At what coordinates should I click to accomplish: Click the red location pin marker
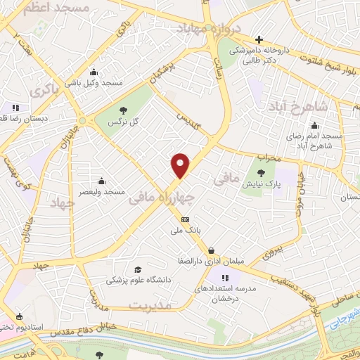pyautogui.click(x=181, y=165)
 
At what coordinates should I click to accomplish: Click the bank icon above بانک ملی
pyautogui.click(x=185, y=219)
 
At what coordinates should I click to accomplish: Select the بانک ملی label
pyautogui.click(x=185, y=230)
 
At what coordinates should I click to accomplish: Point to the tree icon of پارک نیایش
pyautogui.click(x=262, y=173)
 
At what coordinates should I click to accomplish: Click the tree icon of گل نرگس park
pyautogui.click(x=124, y=110)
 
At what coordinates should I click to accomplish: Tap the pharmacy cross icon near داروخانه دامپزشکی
pyautogui.click(x=259, y=39)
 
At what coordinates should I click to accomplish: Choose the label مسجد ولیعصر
pyautogui.click(x=103, y=192)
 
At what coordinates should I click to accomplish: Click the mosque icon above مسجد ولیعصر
pyautogui.click(x=103, y=181)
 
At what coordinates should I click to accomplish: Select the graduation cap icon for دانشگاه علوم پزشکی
pyautogui.click(x=138, y=269)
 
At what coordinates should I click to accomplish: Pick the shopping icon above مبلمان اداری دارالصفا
pyautogui.click(x=211, y=250)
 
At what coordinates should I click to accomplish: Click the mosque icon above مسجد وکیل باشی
pyautogui.click(x=94, y=72)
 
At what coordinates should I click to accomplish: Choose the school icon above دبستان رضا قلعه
pyautogui.click(x=15, y=108)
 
